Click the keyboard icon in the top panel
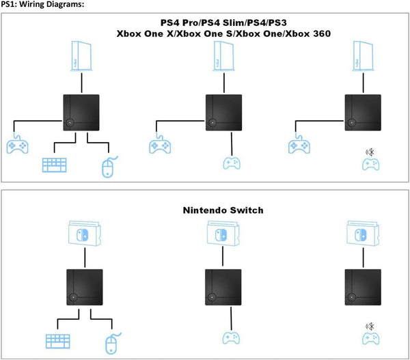(x=55, y=165)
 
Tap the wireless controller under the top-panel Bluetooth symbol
(x=370, y=165)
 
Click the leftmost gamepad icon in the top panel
(x=17, y=146)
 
